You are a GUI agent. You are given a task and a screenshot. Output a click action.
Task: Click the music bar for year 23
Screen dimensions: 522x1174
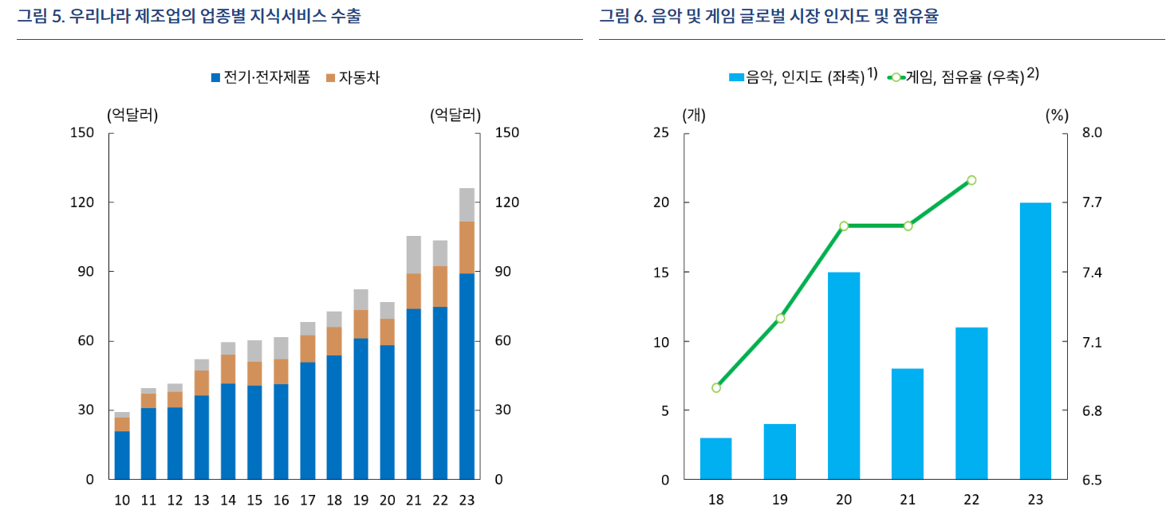pyautogui.click(x=1035, y=341)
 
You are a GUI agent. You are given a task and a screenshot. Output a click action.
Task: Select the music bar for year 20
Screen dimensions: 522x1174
pyautogui.click(x=844, y=376)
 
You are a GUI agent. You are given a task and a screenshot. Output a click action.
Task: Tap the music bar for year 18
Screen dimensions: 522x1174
pyautogui.click(x=716, y=459)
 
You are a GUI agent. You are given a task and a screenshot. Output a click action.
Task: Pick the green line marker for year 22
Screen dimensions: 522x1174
pyautogui.click(x=971, y=180)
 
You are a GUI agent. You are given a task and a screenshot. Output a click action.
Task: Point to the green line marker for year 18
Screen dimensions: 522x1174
pyautogui.click(x=716, y=388)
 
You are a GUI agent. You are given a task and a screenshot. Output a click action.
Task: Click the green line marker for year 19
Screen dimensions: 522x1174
pyautogui.click(x=780, y=319)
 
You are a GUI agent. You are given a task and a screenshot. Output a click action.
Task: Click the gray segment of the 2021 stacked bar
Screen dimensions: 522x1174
pyautogui.click(x=414, y=254)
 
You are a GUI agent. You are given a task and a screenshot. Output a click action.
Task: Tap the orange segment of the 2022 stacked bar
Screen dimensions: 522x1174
pyautogui.click(x=440, y=286)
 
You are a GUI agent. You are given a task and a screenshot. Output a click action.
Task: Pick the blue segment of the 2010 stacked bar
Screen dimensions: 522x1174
pyautogui.click(x=122, y=455)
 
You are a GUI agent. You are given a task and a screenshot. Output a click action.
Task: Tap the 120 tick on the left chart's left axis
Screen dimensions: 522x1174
pyautogui.click(x=84, y=202)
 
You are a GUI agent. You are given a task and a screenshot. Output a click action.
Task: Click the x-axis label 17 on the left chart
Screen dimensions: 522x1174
pyautogui.click(x=307, y=500)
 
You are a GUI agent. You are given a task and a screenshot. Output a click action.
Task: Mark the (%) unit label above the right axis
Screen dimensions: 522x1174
pyautogui.click(x=1056, y=115)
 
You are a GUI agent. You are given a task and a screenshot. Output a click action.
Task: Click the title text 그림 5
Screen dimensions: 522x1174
pyautogui.click(x=41, y=16)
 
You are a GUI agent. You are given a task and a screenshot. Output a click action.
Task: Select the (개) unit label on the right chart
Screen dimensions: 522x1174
pyautogui.click(x=694, y=115)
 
